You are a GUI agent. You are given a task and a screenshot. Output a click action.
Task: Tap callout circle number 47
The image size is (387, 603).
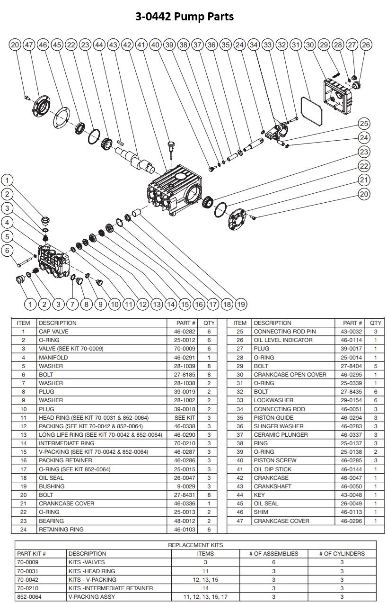point(29,45)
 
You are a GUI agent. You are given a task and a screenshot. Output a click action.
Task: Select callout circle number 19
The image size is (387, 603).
point(241,304)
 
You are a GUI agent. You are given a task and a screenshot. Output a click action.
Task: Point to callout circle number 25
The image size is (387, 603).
point(363,124)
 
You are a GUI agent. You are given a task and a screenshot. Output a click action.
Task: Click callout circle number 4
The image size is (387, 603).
point(7,222)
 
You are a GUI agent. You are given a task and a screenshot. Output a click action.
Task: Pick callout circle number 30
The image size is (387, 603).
point(310,45)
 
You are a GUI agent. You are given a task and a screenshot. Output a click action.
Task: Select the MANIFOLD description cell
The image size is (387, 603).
point(53,358)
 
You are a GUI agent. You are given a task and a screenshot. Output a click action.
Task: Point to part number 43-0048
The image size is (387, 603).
point(351,495)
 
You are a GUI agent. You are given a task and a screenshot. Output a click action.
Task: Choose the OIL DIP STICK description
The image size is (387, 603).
point(273,469)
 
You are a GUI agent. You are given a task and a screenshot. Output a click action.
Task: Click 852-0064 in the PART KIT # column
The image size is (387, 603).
point(28,597)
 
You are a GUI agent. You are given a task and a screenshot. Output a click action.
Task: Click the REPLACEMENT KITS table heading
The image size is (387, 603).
point(195,545)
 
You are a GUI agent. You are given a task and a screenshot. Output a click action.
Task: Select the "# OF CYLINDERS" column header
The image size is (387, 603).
point(342,554)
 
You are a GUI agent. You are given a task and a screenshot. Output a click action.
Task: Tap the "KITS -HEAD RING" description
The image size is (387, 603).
point(92,571)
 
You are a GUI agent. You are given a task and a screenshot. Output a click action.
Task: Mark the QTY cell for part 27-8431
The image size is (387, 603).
point(209,495)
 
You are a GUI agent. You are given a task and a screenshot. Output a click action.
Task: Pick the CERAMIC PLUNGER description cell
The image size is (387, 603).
point(281,435)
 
